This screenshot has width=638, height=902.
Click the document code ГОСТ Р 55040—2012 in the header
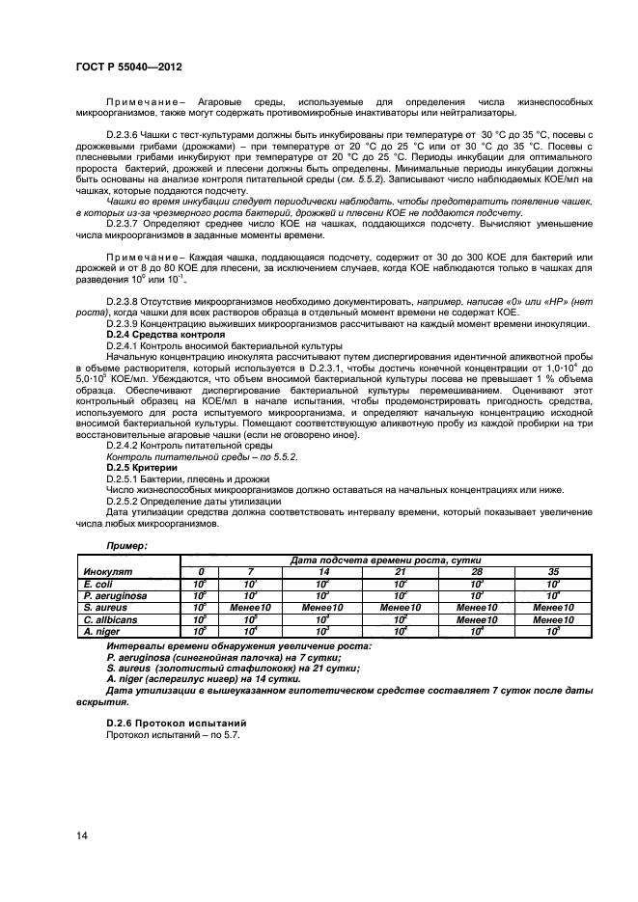click(x=129, y=68)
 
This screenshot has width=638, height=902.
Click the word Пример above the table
click(x=126, y=546)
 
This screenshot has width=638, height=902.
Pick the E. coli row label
click(x=98, y=585)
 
